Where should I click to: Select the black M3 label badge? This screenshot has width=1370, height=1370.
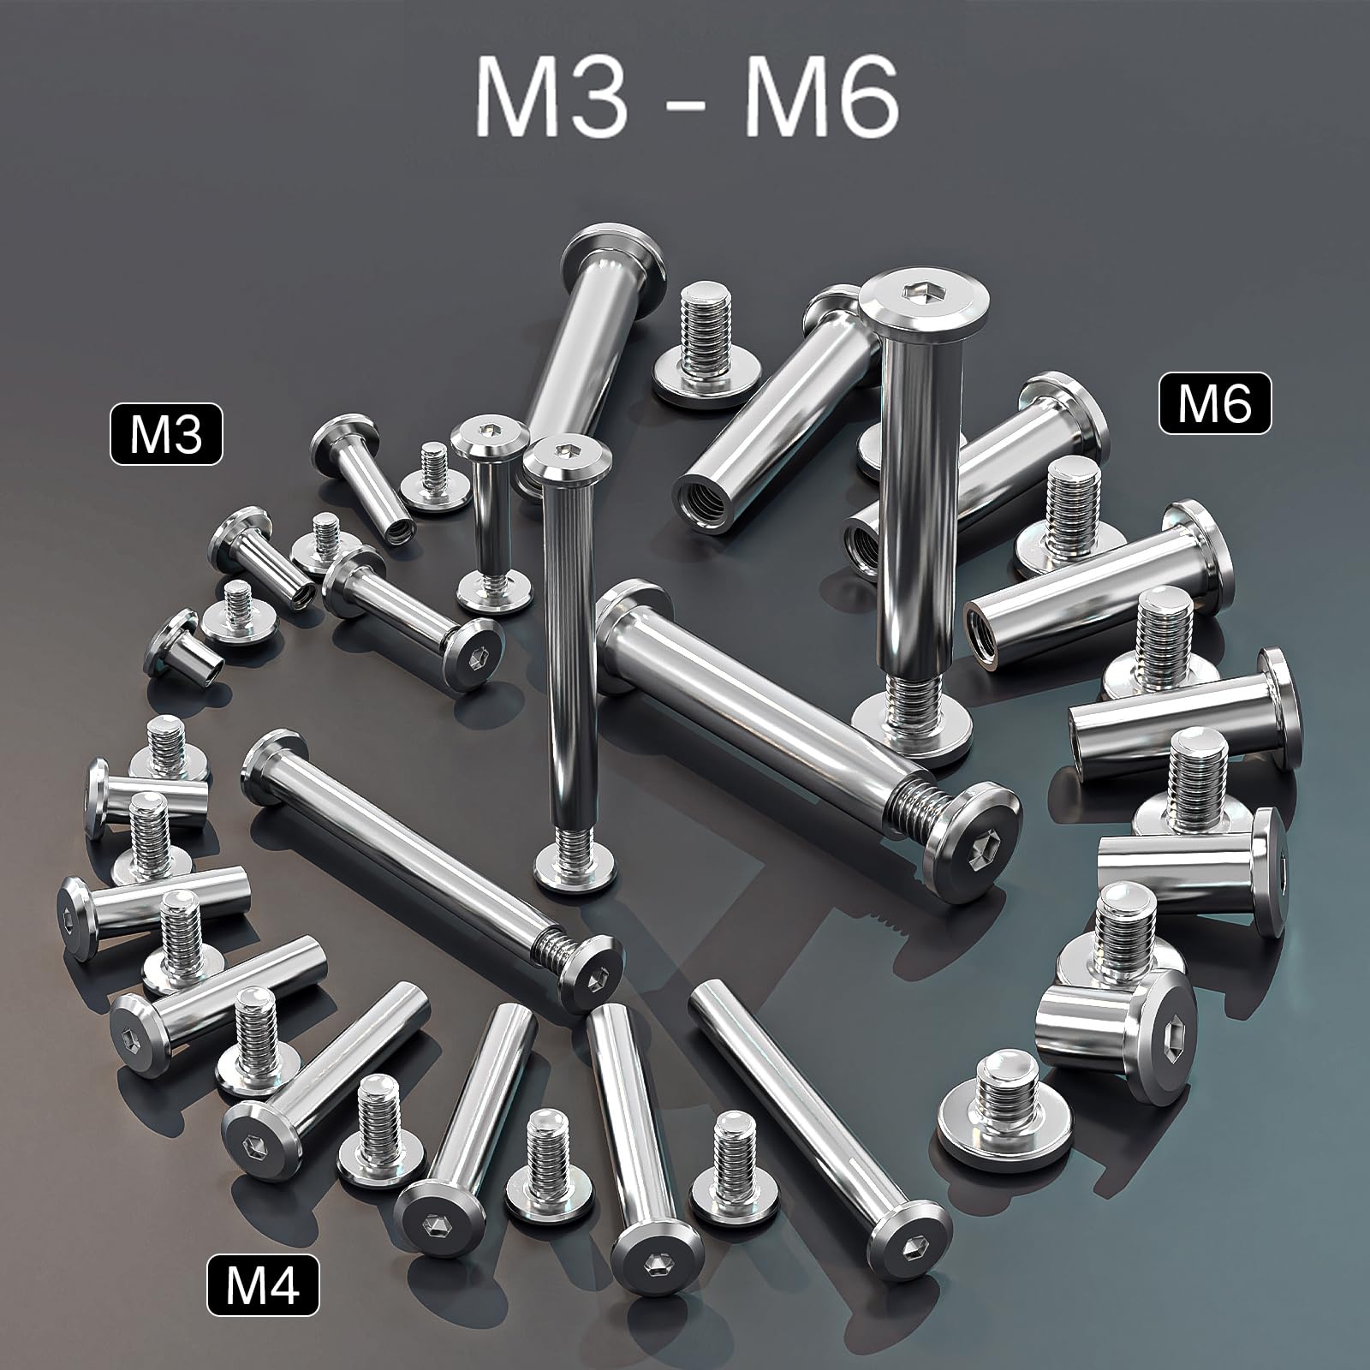tap(166, 436)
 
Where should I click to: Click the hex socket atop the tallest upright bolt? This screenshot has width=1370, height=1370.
tap(927, 319)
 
